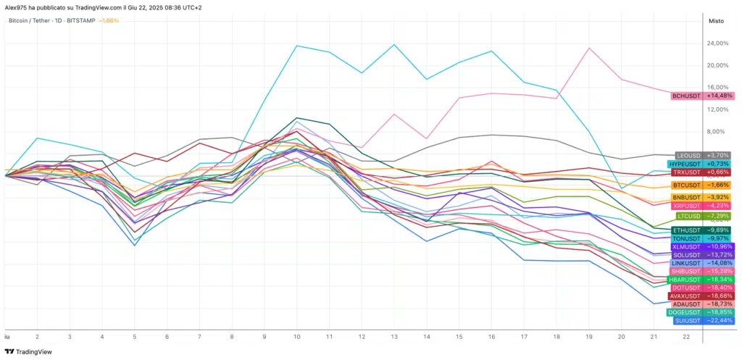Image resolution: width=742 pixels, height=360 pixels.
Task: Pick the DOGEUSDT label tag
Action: pos(685,312)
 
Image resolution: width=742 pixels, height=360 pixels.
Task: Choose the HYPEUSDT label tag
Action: pos(686,164)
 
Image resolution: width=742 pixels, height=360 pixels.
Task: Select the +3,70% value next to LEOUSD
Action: pos(718,156)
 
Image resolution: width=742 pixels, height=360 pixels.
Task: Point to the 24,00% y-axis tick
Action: pos(717,43)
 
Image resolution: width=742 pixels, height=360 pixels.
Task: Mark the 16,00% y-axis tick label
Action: pos(717,88)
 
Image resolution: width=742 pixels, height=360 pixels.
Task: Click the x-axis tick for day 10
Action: pos(297,338)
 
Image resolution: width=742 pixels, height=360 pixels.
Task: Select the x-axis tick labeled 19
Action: pos(589,338)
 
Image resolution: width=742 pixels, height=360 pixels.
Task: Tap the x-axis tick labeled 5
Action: pos(135,338)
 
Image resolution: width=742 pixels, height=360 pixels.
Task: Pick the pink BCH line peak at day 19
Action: pos(590,48)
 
